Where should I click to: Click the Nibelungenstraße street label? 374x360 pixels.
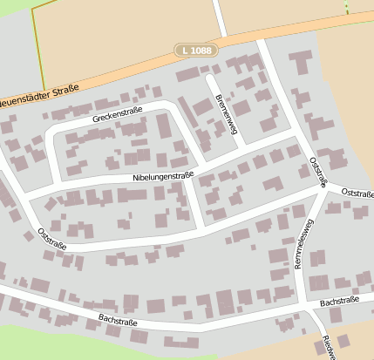click(x=162, y=176)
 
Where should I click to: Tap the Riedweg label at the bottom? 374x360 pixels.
click(x=327, y=347)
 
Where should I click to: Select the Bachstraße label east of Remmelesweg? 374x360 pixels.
click(x=340, y=302)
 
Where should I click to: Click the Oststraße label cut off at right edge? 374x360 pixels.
click(x=357, y=193)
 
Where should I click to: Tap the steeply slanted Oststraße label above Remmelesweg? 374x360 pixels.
click(x=318, y=172)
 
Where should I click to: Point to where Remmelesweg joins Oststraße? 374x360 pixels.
click(x=325, y=188)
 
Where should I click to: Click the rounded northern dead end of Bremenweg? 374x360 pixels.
click(x=210, y=78)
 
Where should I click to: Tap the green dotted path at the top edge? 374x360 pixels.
click(x=347, y=7)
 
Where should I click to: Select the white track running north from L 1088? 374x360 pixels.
click(x=219, y=17)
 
